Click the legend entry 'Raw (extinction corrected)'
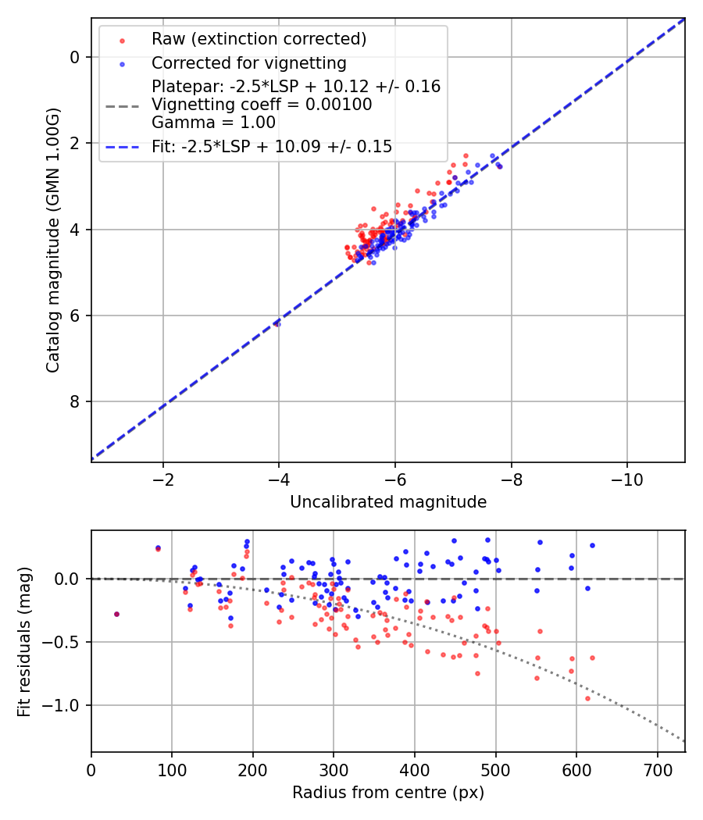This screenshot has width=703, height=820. [259, 39]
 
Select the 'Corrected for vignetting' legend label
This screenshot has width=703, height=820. [248, 62]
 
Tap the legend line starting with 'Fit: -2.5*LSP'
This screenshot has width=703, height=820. [272, 146]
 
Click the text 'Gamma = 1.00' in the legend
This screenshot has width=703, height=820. [213, 123]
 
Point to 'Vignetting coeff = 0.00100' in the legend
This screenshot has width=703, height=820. [262, 105]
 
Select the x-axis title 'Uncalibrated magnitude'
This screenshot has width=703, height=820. [388, 502]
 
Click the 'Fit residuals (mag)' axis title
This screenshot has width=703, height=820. [24, 641]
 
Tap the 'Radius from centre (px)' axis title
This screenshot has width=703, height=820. [388, 793]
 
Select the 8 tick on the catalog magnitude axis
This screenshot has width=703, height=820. [75, 402]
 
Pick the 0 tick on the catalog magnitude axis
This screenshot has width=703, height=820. [75, 57]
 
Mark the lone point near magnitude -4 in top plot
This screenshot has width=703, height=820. [277, 323]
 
